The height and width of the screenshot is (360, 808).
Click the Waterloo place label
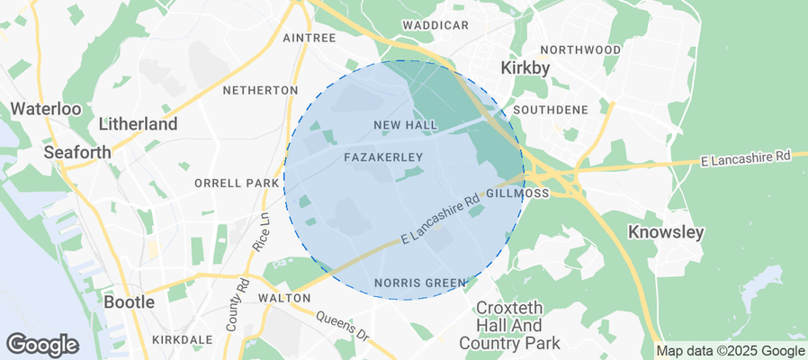coord(46,109)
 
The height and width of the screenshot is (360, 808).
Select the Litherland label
coord(138,124)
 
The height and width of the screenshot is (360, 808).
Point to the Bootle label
coord(130,301)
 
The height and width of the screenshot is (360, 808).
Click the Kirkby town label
coord(525,68)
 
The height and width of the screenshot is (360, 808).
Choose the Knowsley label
coord(665,232)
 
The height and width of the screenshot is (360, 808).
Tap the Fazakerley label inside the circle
coord(383,157)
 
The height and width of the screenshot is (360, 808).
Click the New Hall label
coord(405,124)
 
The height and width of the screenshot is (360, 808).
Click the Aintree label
coord(309,38)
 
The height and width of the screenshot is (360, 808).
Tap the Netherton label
coord(260,90)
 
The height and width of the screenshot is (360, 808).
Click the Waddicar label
coord(435,24)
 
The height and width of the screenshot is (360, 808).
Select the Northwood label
coord(580,49)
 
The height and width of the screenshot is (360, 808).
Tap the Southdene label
coord(550,110)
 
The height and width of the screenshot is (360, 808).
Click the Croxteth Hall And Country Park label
coord(509,324)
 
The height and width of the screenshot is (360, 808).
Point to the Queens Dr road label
coord(341,325)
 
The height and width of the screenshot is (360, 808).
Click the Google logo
coord(42,344)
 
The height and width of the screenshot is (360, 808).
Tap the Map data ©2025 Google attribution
coord(731,351)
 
